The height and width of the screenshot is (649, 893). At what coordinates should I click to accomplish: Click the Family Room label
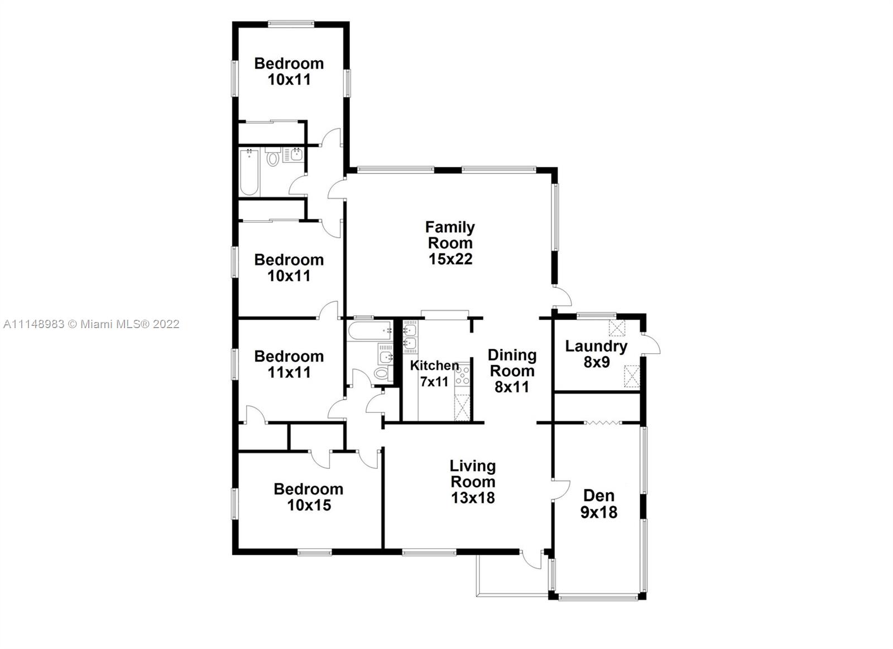point(450,235)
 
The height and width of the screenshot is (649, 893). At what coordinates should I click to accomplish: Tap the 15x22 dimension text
point(450,259)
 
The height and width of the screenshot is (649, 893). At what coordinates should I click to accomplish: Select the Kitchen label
point(434,365)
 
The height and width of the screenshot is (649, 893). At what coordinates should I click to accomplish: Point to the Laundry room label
point(597,347)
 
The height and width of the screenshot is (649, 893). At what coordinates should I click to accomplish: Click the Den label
point(599,496)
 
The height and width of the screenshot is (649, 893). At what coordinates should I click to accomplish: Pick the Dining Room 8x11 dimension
point(512,387)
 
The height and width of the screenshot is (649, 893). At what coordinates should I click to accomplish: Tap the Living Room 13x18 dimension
point(473,498)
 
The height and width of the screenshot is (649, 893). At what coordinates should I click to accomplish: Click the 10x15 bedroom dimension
point(309,505)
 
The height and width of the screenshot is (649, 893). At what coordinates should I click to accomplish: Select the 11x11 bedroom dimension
point(289,372)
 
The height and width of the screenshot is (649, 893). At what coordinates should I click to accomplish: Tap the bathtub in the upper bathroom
point(249,172)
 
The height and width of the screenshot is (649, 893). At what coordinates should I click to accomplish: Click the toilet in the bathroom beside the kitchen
point(382,374)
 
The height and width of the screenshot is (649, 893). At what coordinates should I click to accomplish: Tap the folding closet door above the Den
point(602,422)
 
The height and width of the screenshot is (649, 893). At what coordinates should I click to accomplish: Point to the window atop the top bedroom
point(291,24)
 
